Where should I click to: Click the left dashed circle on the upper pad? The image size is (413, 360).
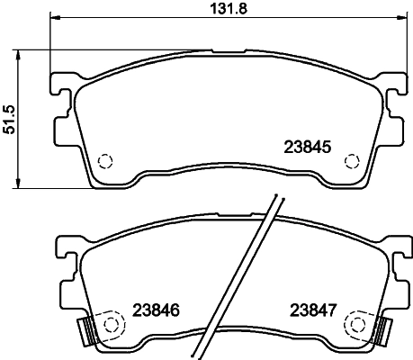pos(104,161)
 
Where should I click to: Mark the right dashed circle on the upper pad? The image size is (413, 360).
pos(352,161)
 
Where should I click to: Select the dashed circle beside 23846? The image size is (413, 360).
pos(113,323)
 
